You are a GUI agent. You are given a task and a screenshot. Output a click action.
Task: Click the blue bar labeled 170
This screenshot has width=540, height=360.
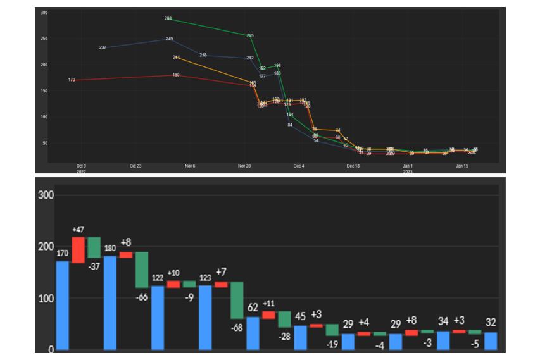(x=62, y=305)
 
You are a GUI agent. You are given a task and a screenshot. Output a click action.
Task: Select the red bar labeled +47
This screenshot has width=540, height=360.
(x=78, y=249)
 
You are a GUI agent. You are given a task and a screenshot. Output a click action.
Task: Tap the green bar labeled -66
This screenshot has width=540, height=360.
(x=142, y=270)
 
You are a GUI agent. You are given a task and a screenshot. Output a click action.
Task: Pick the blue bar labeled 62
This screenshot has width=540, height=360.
(x=253, y=333)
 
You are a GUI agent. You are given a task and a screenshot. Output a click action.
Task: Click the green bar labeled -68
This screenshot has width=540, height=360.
(x=237, y=300)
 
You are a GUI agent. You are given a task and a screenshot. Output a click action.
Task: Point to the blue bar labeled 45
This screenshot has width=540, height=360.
(x=300, y=337)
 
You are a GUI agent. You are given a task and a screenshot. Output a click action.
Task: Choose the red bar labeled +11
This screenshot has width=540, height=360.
(x=268, y=314)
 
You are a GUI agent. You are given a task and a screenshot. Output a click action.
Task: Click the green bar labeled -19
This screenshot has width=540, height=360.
(x=332, y=330)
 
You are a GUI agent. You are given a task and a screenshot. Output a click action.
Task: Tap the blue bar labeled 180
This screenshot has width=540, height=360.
(x=110, y=302)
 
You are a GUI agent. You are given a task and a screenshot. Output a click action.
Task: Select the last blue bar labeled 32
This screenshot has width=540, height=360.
(x=491, y=340)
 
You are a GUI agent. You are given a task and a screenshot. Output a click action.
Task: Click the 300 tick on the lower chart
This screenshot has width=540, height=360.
(x=46, y=195)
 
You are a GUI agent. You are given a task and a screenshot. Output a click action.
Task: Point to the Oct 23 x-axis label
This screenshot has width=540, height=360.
(x=135, y=166)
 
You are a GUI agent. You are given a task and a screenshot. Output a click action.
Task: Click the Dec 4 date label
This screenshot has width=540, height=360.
(x=299, y=166)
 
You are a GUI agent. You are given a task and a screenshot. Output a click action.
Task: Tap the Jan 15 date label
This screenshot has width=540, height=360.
(x=462, y=166)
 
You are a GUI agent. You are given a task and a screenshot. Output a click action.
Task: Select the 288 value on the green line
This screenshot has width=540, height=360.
(x=168, y=18)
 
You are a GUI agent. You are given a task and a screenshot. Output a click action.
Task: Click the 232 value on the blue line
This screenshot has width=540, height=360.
(x=103, y=47)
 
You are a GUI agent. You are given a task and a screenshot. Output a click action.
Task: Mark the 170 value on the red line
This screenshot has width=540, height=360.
(x=72, y=80)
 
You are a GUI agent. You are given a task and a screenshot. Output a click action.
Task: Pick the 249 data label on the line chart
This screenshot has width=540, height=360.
(x=170, y=39)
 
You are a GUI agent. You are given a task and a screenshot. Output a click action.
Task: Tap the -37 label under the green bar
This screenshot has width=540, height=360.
(x=94, y=266)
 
